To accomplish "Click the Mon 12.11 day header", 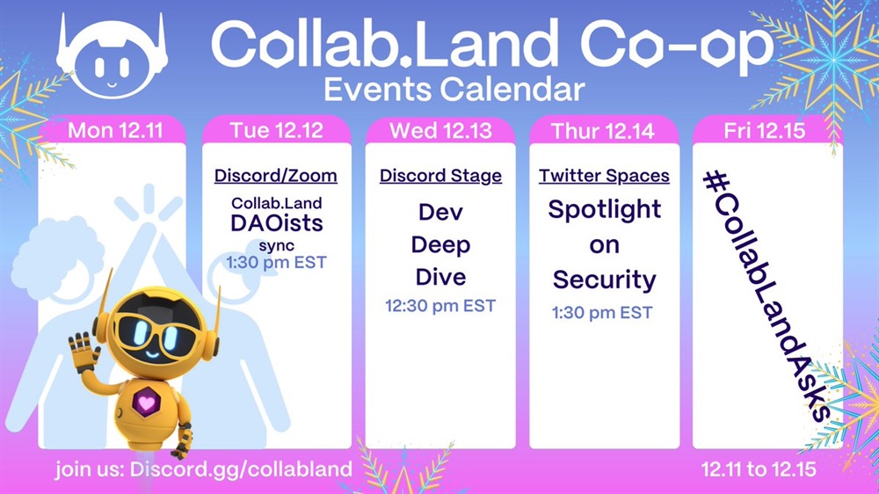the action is click(115, 131).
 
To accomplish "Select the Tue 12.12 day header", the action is click(276, 131).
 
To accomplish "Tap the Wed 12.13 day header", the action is click(440, 131).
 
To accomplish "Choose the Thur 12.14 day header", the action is click(603, 131).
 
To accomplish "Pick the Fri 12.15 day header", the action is click(765, 131).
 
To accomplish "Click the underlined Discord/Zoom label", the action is click(276, 176).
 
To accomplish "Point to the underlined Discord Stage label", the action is click(440, 176).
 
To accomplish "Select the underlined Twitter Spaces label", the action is click(605, 176).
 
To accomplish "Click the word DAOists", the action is click(276, 223).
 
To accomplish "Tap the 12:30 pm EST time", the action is click(440, 306).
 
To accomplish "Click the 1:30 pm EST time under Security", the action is click(602, 312).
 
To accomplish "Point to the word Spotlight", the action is click(605, 211).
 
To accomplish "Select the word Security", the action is click(605, 280).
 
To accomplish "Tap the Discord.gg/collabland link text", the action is click(241, 469).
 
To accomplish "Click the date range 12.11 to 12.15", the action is click(759, 469).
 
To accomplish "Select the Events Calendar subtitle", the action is click(454, 90).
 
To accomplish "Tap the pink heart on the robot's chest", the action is click(146, 403).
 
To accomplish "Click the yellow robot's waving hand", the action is click(84, 352).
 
